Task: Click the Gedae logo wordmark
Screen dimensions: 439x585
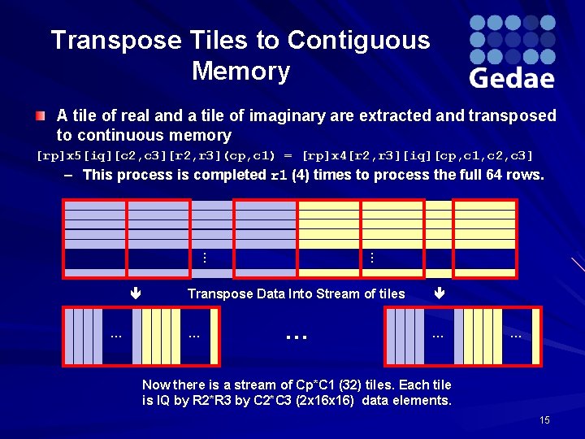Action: tap(512, 78)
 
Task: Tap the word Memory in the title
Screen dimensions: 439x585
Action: tap(240, 72)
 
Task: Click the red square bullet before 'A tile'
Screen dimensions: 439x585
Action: tap(41, 116)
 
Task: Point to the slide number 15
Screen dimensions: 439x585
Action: tap(544, 420)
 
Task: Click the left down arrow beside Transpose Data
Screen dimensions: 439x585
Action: tap(135, 293)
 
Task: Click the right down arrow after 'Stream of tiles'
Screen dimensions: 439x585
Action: tap(440, 293)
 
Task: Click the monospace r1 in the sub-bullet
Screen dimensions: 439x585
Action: tap(278, 175)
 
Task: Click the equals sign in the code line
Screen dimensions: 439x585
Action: tap(289, 154)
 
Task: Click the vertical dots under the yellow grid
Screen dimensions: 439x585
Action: tap(370, 258)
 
